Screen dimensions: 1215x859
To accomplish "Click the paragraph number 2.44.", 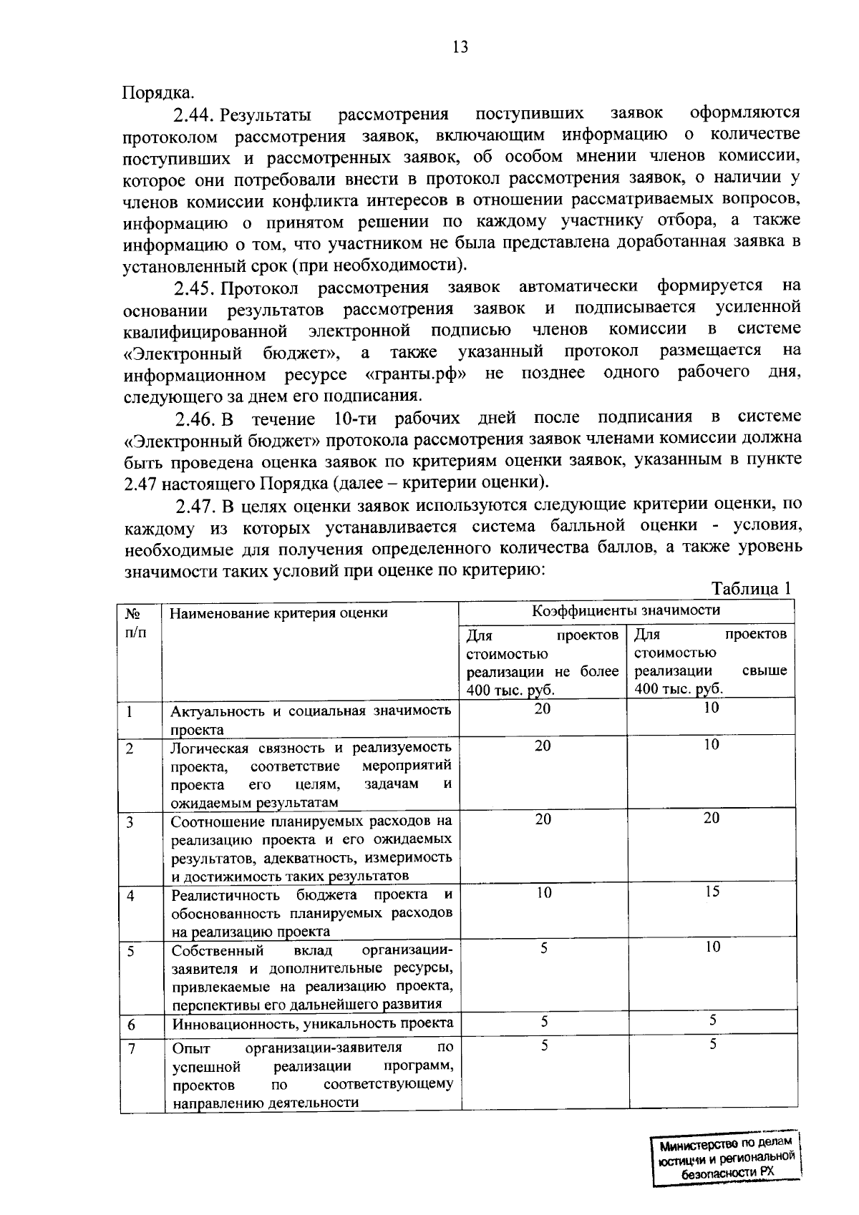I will coord(194,114).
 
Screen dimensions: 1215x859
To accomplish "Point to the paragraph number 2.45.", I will coord(194,288).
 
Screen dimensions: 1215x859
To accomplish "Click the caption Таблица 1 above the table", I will coord(751,588).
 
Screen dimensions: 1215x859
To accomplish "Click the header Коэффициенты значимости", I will coord(626,610).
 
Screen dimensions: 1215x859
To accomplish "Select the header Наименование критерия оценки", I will coord(278,613).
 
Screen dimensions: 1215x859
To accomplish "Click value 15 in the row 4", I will coord(711,892).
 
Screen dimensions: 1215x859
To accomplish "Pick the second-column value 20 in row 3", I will coord(711,818).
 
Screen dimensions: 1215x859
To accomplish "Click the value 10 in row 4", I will coord(543,892).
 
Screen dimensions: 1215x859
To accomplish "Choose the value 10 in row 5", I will coord(711,947).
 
